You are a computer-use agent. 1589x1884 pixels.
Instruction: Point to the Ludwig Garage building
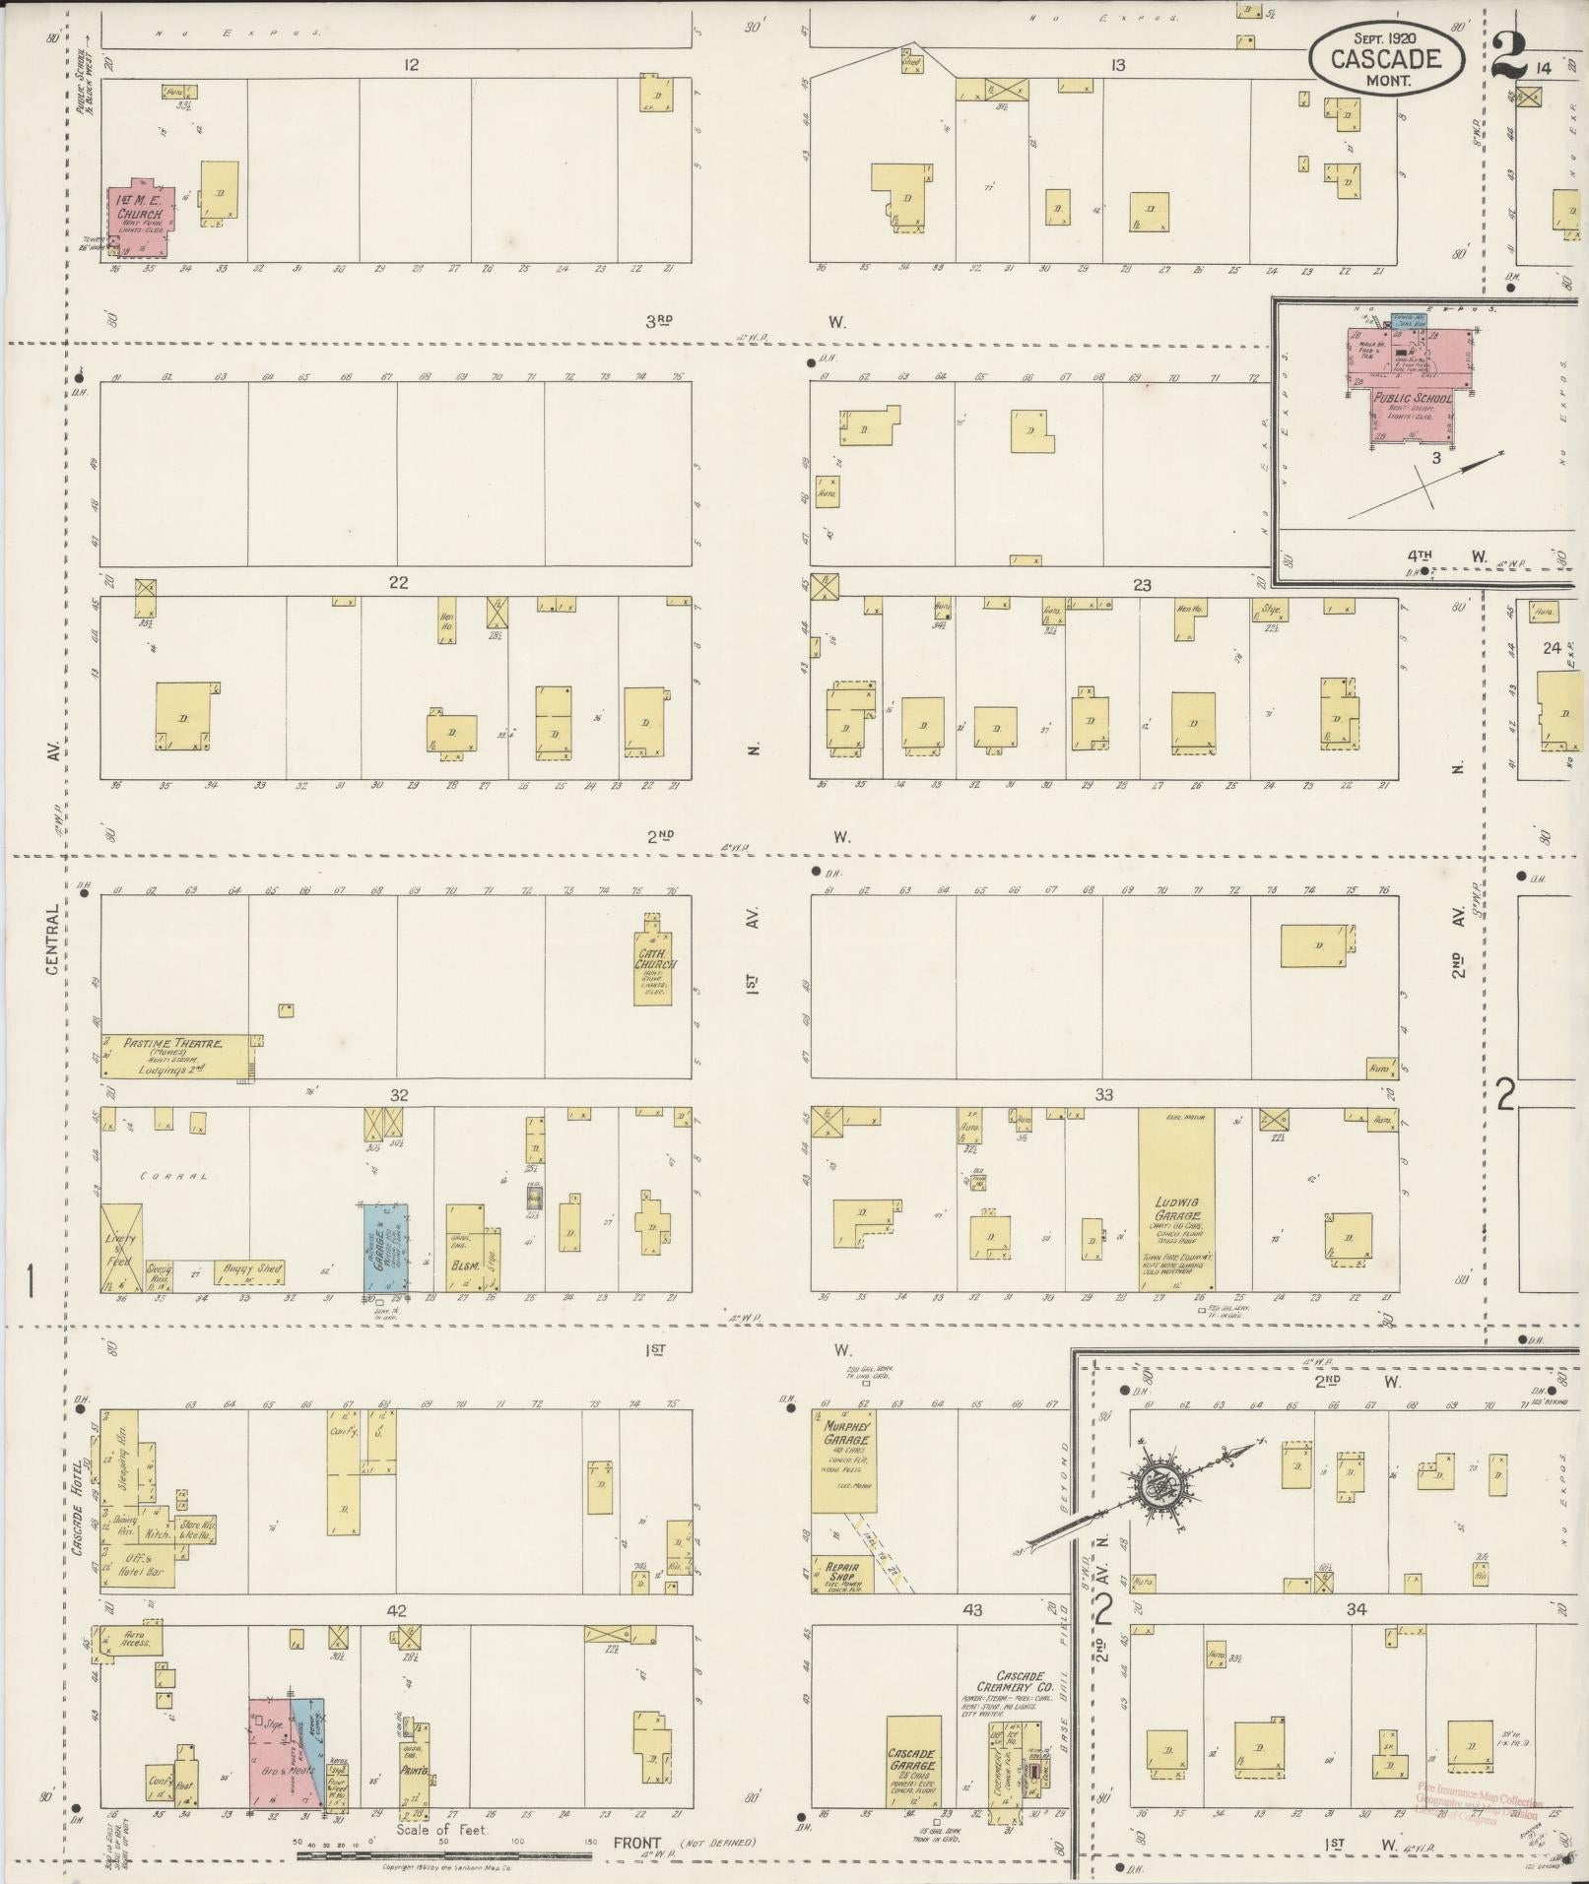point(1176,1199)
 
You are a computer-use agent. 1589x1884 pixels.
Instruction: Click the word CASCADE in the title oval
point(1385,58)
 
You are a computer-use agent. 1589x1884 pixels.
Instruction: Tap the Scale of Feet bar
point(443,1855)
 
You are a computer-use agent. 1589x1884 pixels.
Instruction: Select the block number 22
point(397,583)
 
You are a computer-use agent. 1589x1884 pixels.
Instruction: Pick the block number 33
point(1103,1095)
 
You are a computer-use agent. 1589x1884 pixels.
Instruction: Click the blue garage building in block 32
point(386,1247)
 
